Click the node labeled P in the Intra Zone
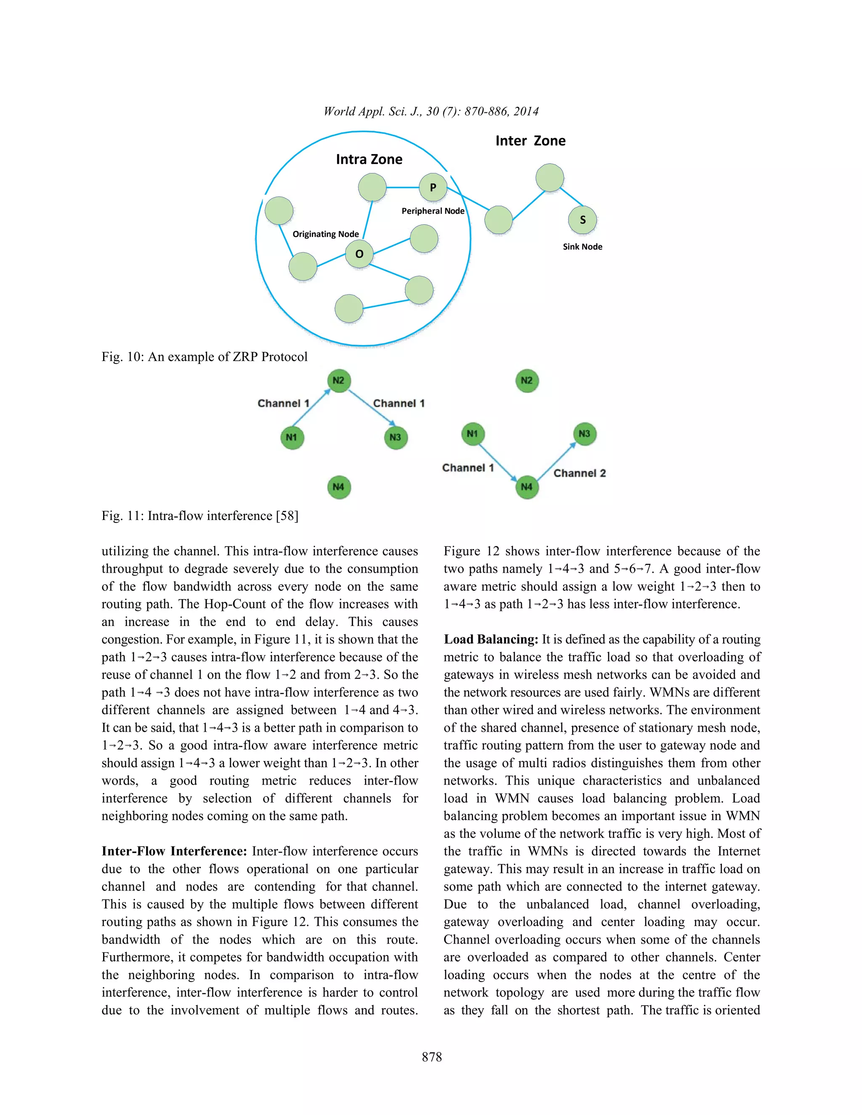click(433, 187)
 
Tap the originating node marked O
click(359, 254)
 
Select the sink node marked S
click(582, 220)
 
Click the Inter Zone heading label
click(530, 141)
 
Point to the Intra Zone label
click(369, 159)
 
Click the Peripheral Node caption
click(433, 211)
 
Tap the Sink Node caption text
click(582, 247)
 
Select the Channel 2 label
click(579, 473)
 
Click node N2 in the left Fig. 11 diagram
click(338, 380)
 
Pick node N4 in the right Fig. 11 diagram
click(527, 486)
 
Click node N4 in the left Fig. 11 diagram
click(338, 486)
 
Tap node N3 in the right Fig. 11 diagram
click(584, 434)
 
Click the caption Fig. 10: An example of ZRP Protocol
click(204, 356)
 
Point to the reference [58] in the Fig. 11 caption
click(287, 516)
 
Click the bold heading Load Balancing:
click(491, 639)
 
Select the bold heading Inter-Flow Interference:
click(174, 851)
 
